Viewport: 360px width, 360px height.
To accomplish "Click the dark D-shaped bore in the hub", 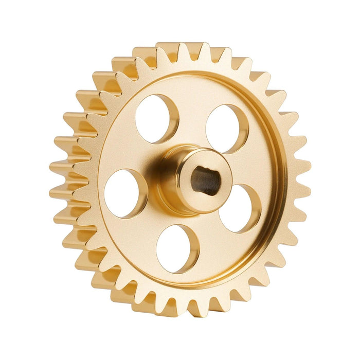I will (205, 181).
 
